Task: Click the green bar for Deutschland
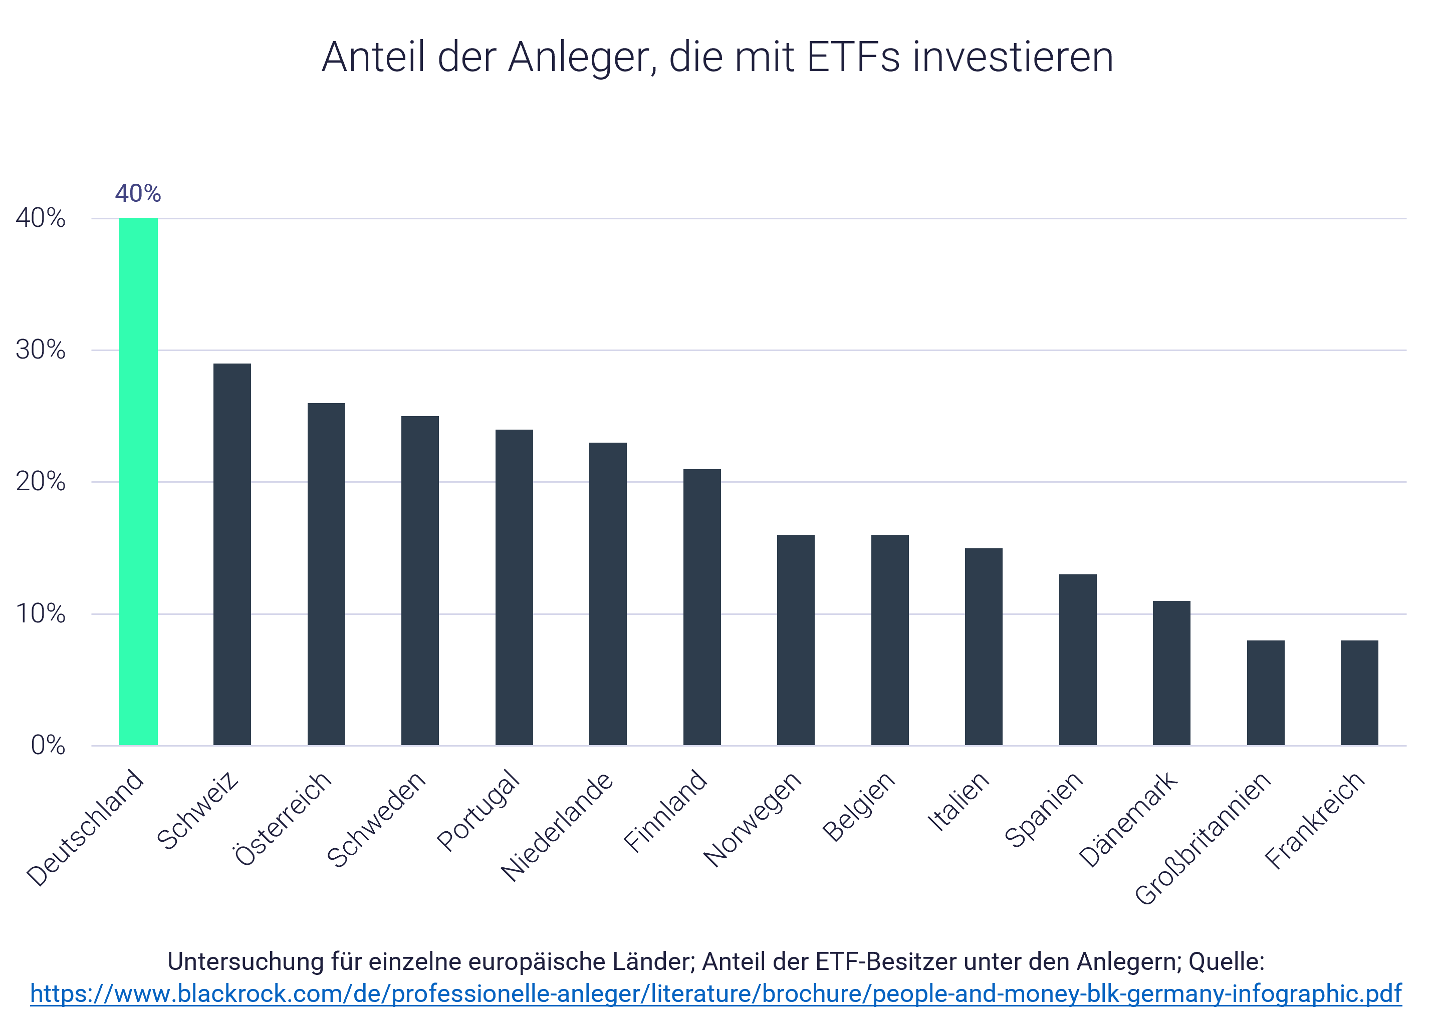pyautogui.click(x=138, y=482)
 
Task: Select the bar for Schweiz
pyautogui.click(x=232, y=554)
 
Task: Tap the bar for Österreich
pyautogui.click(x=326, y=574)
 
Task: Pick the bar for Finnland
pyautogui.click(x=702, y=607)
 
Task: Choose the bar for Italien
pyautogui.click(x=984, y=647)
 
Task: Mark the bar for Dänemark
pyautogui.click(x=1171, y=673)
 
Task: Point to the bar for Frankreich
pyautogui.click(x=1359, y=693)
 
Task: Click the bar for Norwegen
pyautogui.click(x=796, y=640)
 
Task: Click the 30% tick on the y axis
pyautogui.click(x=41, y=350)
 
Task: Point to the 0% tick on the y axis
pyautogui.click(x=48, y=745)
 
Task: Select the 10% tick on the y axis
pyautogui.click(x=41, y=613)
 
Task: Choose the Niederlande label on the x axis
pyautogui.click(x=556, y=826)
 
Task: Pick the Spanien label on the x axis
pyautogui.click(x=1043, y=810)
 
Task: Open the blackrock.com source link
pyautogui.click(x=716, y=994)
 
